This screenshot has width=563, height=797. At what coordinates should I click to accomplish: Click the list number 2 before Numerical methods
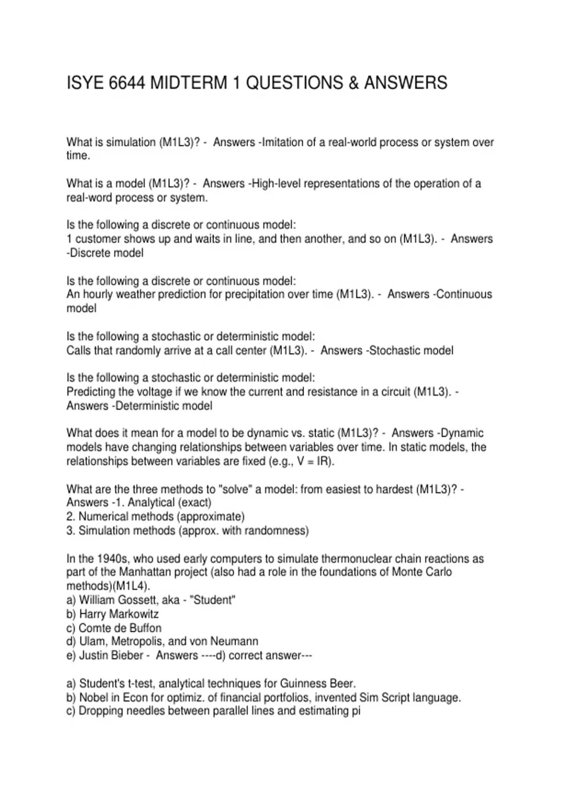pyautogui.click(x=70, y=517)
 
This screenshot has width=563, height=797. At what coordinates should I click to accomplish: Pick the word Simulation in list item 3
pyautogui.click(x=104, y=531)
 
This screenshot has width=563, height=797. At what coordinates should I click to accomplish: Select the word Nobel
pyautogui.click(x=94, y=698)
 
